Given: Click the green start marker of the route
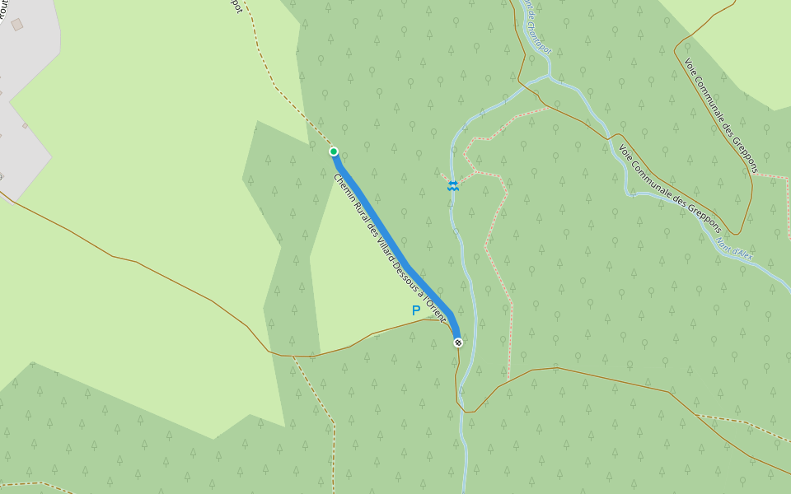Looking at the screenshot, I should coord(334,151).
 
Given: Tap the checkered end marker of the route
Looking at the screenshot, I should coord(457,343).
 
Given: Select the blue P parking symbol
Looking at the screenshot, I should coord(416,310).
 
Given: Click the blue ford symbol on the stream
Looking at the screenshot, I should coord(452,186).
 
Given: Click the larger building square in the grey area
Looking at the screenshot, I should coord(17,25).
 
